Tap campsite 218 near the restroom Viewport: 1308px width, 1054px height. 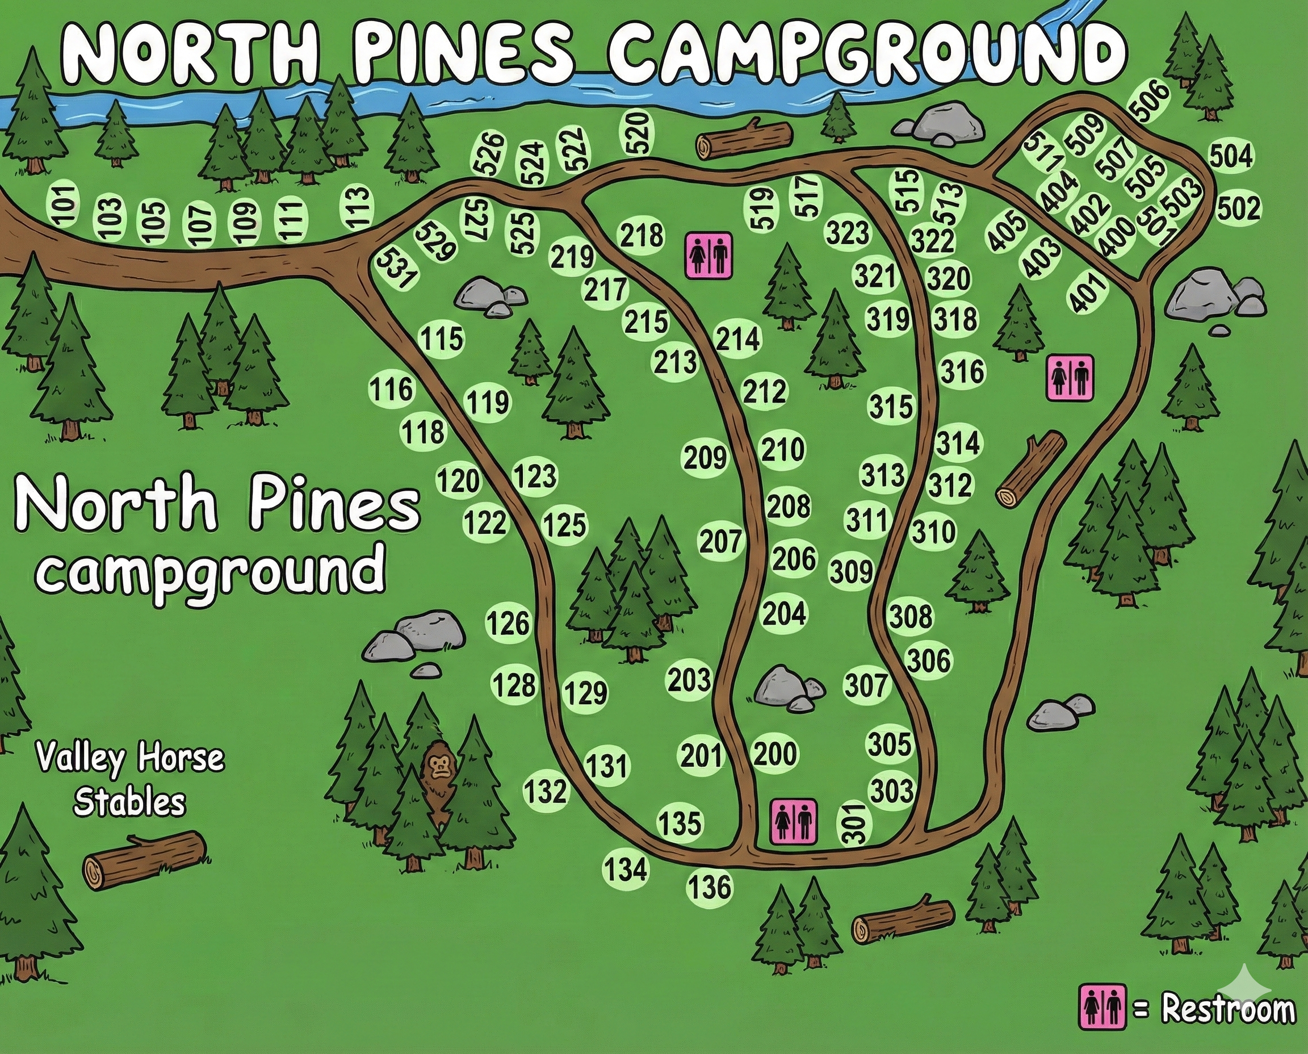point(642,235)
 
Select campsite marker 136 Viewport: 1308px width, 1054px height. point(710,887)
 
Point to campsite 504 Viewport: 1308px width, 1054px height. point(1231,156)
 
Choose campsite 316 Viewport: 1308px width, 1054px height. point(962,371)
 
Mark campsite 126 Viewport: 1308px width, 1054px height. point(508,623)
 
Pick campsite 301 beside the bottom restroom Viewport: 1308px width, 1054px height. point(854,823)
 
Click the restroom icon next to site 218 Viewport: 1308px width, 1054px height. point(709,256)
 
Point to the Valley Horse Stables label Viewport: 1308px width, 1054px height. point(129,780)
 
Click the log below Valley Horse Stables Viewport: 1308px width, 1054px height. point(144,860)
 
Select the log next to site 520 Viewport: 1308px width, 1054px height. point(745,140)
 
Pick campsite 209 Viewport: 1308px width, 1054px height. point(705,457)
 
